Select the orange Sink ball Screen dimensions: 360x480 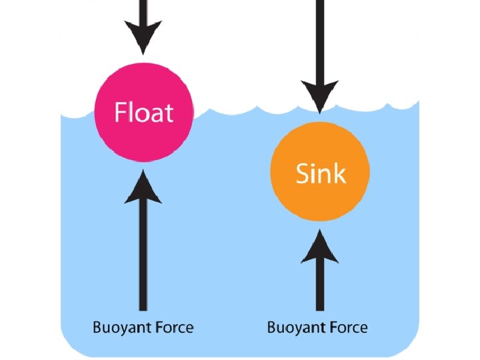pos(320,173)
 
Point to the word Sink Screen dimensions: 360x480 pos(321,173)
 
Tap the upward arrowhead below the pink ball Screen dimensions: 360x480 pos(143,187)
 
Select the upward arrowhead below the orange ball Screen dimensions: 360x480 pos(320,245)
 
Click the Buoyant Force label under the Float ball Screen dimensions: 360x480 pos(143,327)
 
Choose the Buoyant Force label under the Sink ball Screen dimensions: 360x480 pos(317,327)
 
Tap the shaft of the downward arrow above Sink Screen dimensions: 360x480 pos(320,40)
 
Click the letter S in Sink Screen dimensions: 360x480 pos(303,174)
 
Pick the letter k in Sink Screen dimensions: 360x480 pos(340,173)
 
